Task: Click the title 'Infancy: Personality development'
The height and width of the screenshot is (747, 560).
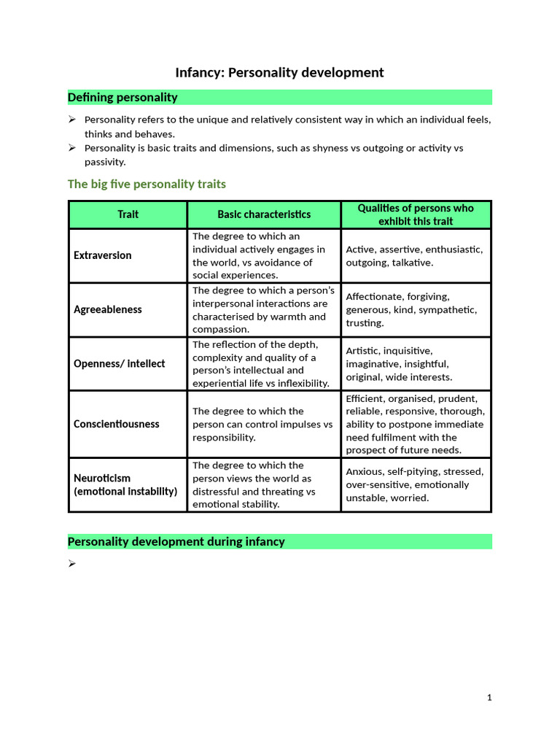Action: pos(279,72)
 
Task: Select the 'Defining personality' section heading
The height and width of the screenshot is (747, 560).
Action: pos(122,97)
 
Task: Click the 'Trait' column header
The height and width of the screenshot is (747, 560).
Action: pos(128,214)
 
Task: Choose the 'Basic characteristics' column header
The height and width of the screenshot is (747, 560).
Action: pos(264,214)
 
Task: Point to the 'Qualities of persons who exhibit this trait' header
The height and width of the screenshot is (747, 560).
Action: pos(416,214)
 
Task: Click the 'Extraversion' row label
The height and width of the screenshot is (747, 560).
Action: pos(103,255)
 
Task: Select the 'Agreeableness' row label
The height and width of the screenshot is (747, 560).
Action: pos(108,309)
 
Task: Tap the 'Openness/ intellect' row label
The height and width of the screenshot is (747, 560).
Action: pos(120,363)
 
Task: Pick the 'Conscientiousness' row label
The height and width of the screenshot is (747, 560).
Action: pos(117,424)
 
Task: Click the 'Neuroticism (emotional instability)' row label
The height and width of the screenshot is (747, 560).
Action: pos(125,484)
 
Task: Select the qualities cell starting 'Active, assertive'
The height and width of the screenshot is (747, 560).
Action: pos(414,255)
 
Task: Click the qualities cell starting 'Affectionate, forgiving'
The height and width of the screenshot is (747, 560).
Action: pos(411,309)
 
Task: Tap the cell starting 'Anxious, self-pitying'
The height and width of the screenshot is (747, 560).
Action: pos(414,484)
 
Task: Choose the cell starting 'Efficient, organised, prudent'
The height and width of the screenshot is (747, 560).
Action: pos(414,424)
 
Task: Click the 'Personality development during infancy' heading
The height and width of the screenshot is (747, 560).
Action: pos(176,541)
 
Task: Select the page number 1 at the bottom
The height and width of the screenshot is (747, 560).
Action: pos(489,697)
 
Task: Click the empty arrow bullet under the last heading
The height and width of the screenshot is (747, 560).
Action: pos(72,563)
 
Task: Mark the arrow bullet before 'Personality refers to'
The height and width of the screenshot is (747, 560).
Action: pos(72,120)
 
